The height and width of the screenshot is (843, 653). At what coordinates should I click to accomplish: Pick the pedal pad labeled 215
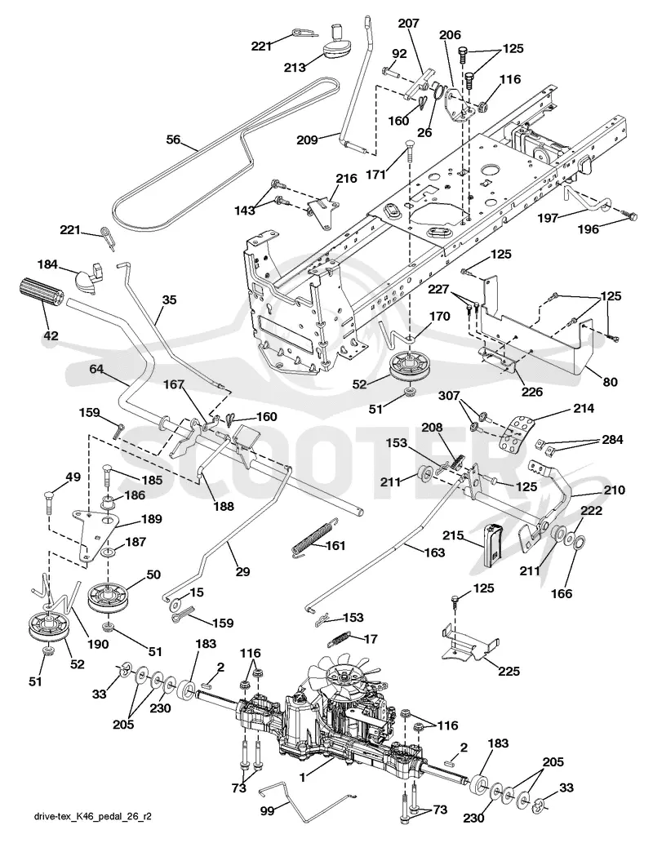(x=494, y=544)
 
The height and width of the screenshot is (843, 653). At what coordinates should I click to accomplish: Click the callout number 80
(x=610, y=382)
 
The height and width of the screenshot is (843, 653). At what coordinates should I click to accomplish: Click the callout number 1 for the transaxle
(x=304, y=777)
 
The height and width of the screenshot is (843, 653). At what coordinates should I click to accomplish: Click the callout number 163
(x=434, y=552)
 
